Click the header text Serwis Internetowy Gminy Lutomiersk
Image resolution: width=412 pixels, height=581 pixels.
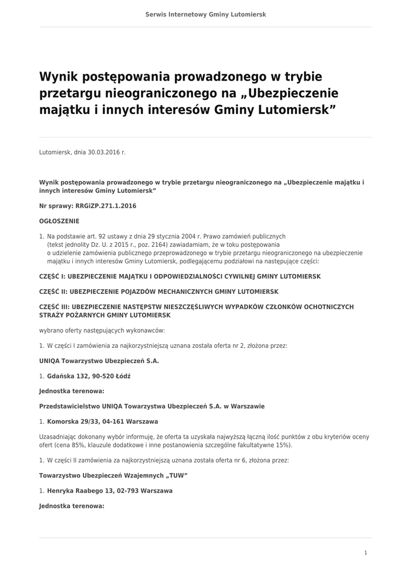(206, 14)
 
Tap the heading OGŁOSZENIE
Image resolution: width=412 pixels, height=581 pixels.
(59, 221)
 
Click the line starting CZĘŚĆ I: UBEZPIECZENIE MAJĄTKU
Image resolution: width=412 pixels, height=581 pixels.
(180, 276)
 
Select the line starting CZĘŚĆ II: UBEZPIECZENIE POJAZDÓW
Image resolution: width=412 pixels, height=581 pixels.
(159, 292)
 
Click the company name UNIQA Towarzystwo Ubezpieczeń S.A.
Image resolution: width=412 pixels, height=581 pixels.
(99, 360)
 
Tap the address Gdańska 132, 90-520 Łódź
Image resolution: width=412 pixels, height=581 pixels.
(89, 376)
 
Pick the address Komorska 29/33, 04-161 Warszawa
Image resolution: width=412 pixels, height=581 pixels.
(102, 422)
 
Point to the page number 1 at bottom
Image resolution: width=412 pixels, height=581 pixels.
(365, 553)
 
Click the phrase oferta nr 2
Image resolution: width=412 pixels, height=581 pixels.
(220, 345)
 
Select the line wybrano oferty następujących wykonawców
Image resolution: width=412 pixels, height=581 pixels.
(102, 330)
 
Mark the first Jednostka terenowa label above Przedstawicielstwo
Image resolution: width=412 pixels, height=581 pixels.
(72, 391)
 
